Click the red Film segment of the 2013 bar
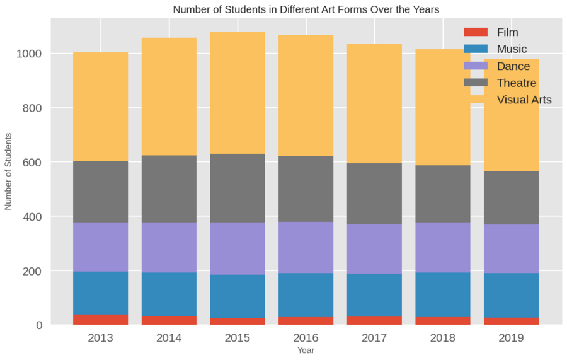click(101, 320)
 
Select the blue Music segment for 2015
click(238, 296)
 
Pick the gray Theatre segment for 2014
click(169, 189)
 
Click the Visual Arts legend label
click(524, 100)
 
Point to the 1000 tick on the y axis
click(30, 54)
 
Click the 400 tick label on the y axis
click(33, 217)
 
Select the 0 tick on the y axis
click(38, 325)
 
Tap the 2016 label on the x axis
click(306, 339)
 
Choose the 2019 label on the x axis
click(511, 339)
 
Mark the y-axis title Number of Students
click(9, 171)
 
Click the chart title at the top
click(306, 9)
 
